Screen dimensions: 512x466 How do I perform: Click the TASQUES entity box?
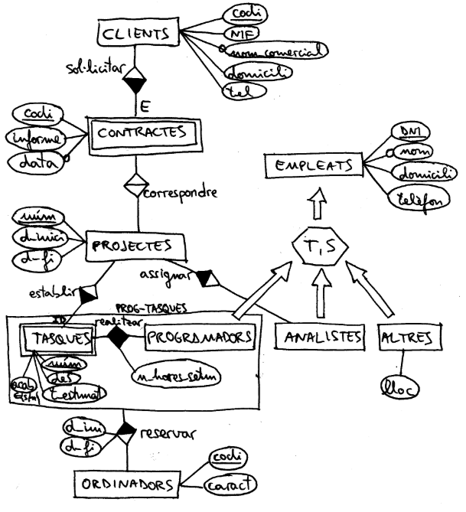tap(58, 336)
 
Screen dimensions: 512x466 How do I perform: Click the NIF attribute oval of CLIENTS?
tap(243, 34)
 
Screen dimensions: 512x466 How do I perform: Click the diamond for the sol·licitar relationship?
tap(135, 79)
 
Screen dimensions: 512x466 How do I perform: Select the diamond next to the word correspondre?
tap(135, 185)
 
